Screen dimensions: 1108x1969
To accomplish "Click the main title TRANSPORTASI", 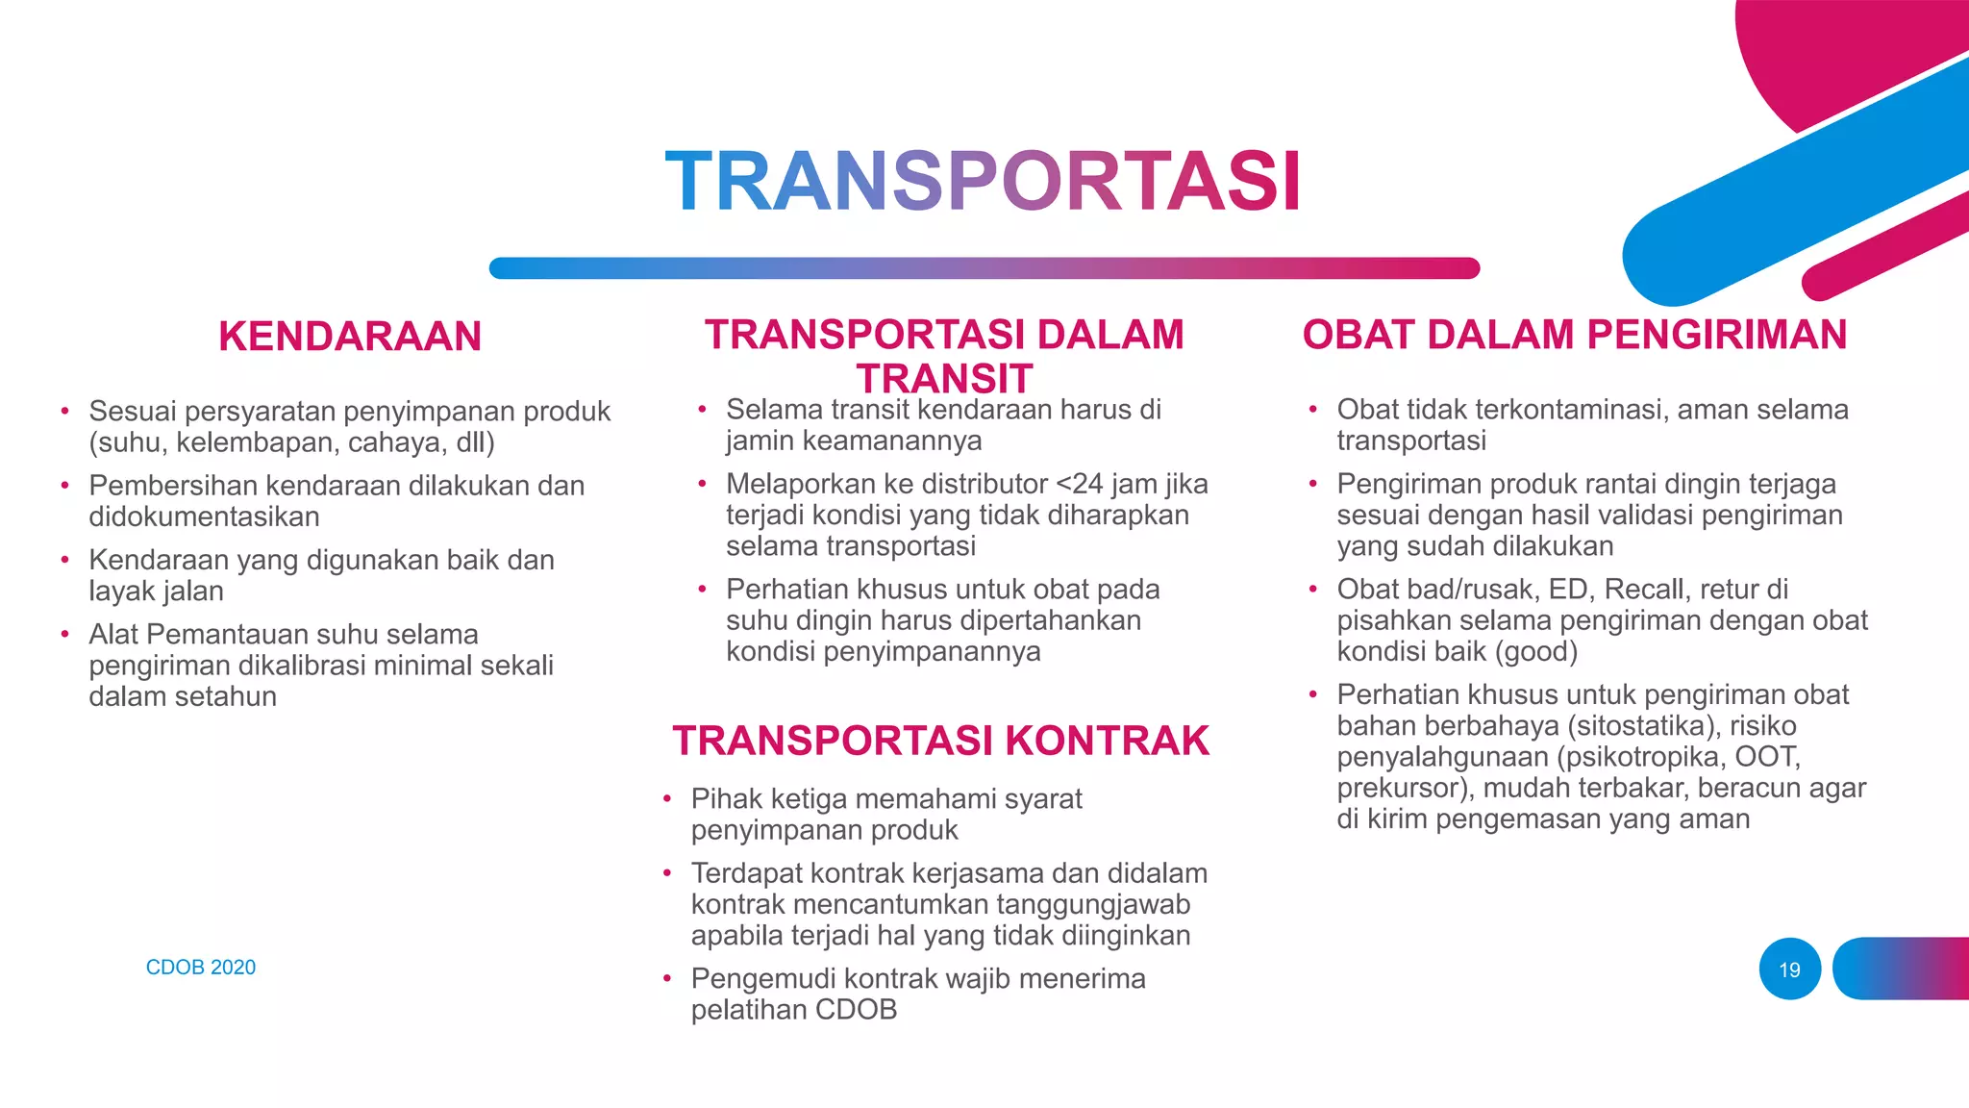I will (x=983, y=182).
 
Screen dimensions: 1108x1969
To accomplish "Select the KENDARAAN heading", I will (x=350, y=337).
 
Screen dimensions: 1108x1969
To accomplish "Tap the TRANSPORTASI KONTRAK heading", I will (x=940, y=741).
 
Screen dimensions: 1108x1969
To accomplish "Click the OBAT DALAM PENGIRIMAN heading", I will (x=1574, y=335).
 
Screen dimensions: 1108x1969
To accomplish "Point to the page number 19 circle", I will (x=1789, y=969).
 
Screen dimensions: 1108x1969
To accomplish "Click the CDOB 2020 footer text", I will (x=201, y=968).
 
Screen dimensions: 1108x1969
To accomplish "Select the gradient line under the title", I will (x=984, y=268).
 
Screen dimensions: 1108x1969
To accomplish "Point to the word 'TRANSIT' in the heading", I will (x=944, y=379).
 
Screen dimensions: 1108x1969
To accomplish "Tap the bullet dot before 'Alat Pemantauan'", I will (x=64, y=635).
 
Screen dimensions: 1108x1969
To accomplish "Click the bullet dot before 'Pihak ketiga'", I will (x=666, y=799).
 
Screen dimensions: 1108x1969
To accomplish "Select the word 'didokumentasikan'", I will (x=204, y=517).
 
